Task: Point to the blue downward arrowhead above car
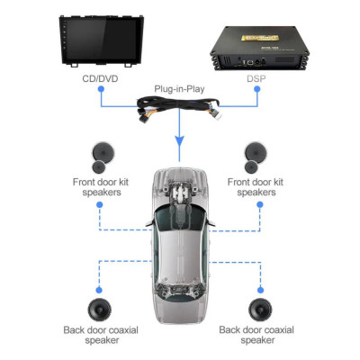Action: pos(180,145)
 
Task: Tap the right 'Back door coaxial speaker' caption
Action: pos(258,335)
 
